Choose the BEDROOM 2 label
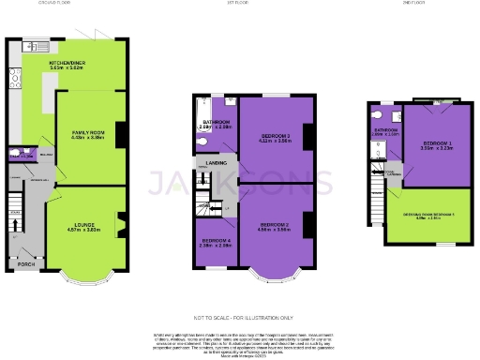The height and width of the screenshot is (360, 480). point(274,225)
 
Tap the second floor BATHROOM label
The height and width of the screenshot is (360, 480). point(385,130)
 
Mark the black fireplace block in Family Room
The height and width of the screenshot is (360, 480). point(119,132)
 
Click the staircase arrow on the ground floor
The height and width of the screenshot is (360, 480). point(15,225)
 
